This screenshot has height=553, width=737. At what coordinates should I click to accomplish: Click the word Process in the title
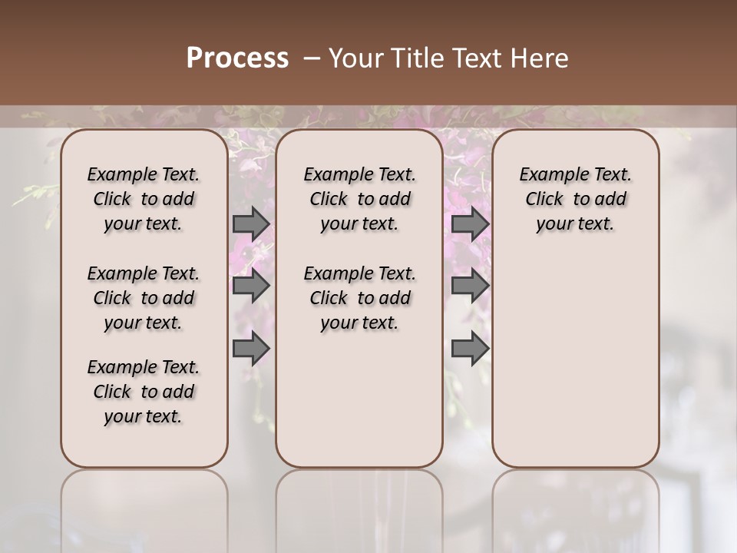point(237,58)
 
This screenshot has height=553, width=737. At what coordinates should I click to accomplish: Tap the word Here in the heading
point(540,58)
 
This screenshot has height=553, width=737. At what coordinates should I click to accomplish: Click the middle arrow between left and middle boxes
point(251,286)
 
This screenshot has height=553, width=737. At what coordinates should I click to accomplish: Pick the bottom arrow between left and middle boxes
point(251,349)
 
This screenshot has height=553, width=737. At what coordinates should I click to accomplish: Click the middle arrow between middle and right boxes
point(470,286)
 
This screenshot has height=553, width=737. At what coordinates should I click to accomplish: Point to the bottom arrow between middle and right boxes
point(470,349)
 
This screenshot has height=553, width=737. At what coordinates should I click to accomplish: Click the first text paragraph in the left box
point(144,199)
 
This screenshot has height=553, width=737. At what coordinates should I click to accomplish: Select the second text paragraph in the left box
point(144,298)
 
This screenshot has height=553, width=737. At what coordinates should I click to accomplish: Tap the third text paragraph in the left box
point(144,392)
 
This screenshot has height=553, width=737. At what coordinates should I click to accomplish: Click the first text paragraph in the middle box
point(359,199)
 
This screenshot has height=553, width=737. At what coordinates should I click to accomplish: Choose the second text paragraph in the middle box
point(359,298)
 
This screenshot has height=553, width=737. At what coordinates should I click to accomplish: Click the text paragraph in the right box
point(575,199)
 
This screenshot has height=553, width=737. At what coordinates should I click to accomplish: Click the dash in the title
point(311,58)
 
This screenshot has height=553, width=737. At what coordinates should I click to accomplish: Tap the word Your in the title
point(354,58)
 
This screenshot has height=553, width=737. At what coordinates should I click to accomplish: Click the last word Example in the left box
point(116,368)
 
